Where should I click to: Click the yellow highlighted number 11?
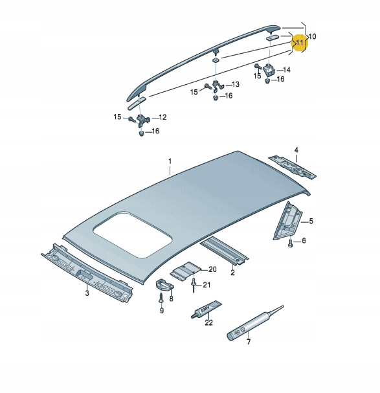[x=300, y=43]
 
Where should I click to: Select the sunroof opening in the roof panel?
[x=133, y=232]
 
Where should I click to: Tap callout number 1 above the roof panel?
[x=170, y=161]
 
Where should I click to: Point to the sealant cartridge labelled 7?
[x=249, y=324]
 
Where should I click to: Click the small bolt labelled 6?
[x=291, y=244]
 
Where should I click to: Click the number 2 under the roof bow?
[x=232, y=273]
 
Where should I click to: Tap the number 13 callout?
[x=235, y=84]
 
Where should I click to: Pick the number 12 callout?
[x=162, y=117]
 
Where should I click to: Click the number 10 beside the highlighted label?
[x=313, y=36]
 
